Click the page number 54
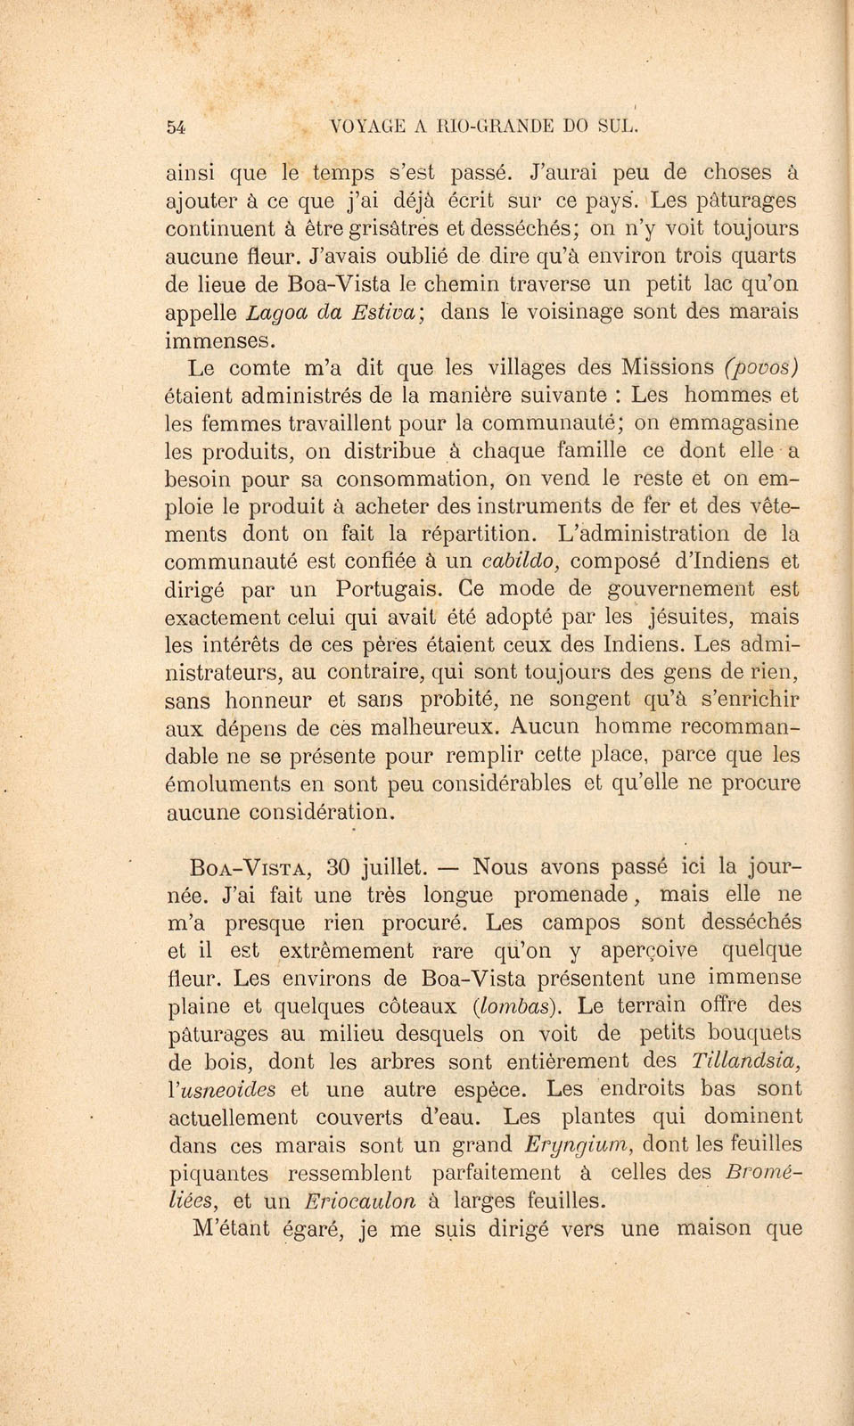click(x=176, y=127)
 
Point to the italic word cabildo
click(x=520, y=561)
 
